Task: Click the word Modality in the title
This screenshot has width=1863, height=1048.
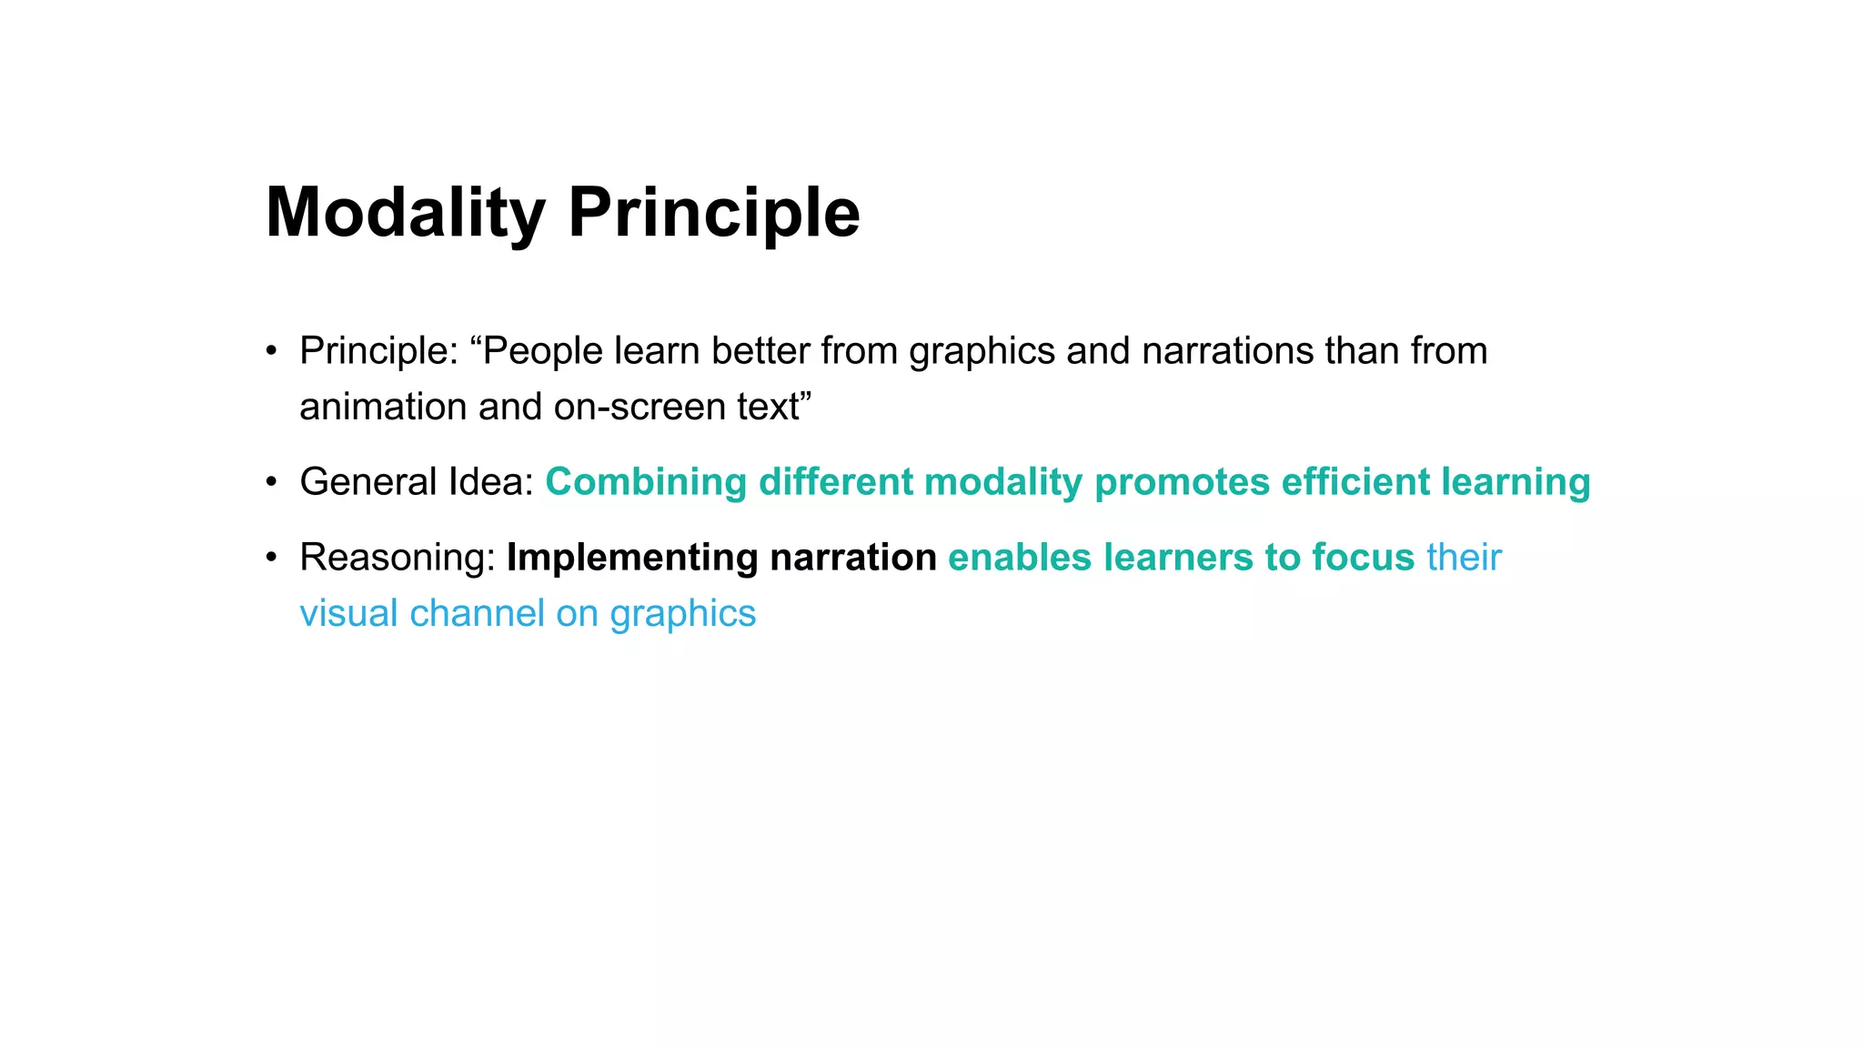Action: coord(405,213)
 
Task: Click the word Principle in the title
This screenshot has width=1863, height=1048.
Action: coord(714,213)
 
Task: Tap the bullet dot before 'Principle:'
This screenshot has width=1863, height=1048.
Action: coord(271,351)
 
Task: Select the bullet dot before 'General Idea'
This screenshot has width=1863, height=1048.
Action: coord(271,482)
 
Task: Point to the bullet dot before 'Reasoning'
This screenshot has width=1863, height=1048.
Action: coord(271,558)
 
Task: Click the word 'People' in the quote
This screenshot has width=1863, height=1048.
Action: coord(542,351)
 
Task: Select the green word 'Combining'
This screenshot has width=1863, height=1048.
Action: coord(646,482)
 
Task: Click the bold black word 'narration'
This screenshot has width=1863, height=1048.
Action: coord(853,558)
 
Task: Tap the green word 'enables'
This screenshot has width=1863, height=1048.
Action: coord(1020,558)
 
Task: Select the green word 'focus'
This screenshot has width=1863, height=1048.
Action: coord(1364,558)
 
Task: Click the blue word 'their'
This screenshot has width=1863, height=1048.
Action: coord(1464,558)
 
